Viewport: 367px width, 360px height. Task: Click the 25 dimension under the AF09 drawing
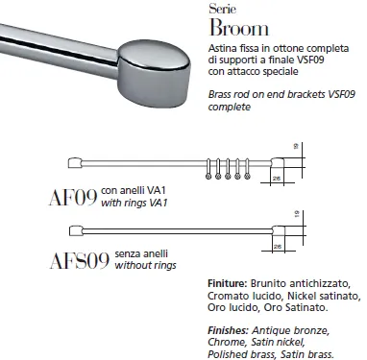pyautogui.click(x=277, y=178)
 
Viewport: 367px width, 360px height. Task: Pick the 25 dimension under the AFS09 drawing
pyautogui.click(x=277, y=247)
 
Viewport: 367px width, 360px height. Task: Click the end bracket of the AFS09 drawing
pyautogui.click(x=282, y=228)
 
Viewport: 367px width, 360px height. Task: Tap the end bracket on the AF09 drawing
pyautogui.click(x=282, y=160)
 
